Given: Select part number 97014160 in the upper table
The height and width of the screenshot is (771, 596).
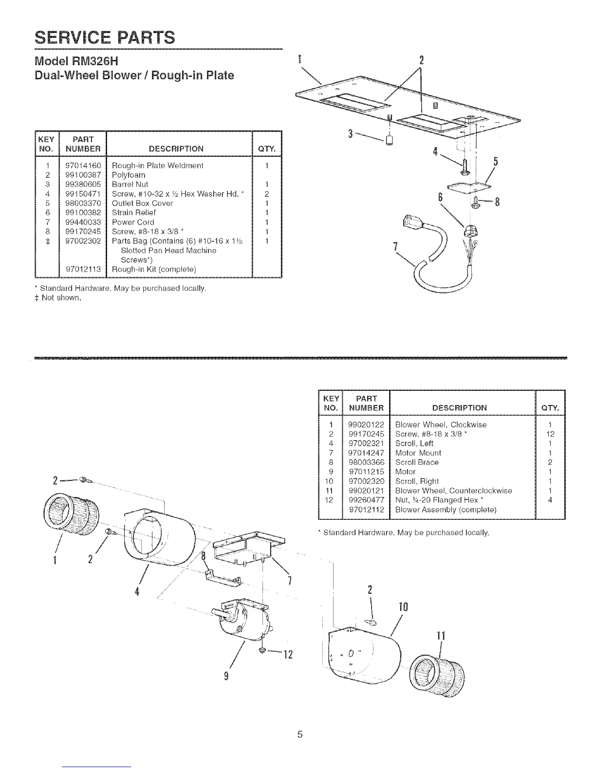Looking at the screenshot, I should point(83,165).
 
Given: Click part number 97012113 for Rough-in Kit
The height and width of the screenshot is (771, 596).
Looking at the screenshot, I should point(83,269).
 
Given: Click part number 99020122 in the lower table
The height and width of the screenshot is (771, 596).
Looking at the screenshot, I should point(366,424).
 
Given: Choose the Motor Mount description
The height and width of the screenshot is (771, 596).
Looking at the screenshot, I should point(418,453).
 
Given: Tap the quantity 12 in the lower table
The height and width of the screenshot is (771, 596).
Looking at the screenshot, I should point(550,434).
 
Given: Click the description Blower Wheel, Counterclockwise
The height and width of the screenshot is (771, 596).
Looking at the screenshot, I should point(453,491).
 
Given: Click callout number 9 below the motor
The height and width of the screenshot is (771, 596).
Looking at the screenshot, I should point(226,677).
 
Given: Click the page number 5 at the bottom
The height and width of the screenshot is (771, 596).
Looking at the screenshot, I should point(300,734).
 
